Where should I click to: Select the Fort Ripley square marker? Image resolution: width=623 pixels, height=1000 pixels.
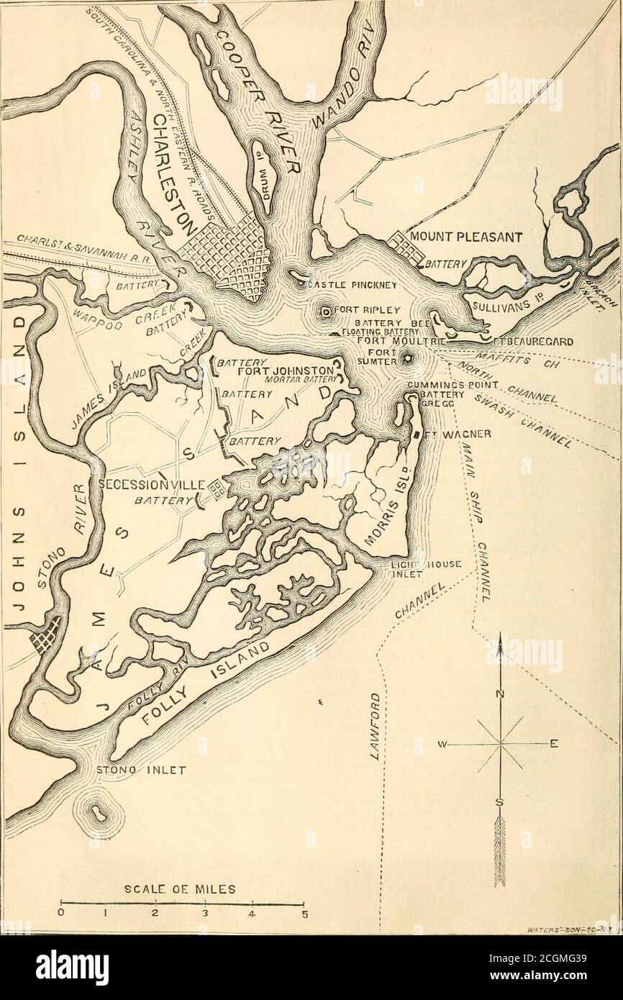tap(326, 312)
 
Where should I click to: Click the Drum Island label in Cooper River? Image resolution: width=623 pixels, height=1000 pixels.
tap(261, 173)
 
